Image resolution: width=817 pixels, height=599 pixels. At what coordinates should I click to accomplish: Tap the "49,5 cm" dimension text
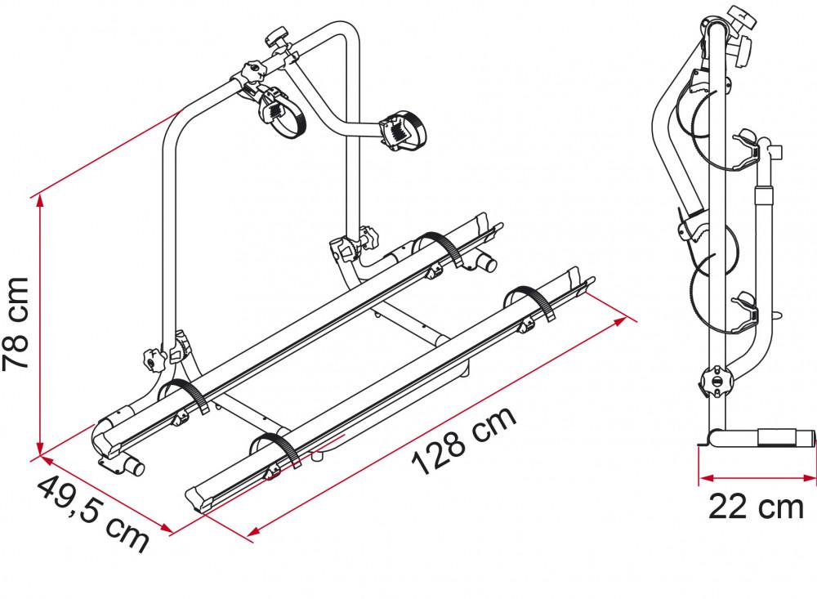pos(92,512)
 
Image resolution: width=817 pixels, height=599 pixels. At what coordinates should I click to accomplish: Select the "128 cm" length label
pos(464,440)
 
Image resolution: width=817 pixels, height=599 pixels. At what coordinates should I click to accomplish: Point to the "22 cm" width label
pos(756,507)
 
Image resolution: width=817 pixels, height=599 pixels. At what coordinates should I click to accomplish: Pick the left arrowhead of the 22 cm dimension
pos(703,477)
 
